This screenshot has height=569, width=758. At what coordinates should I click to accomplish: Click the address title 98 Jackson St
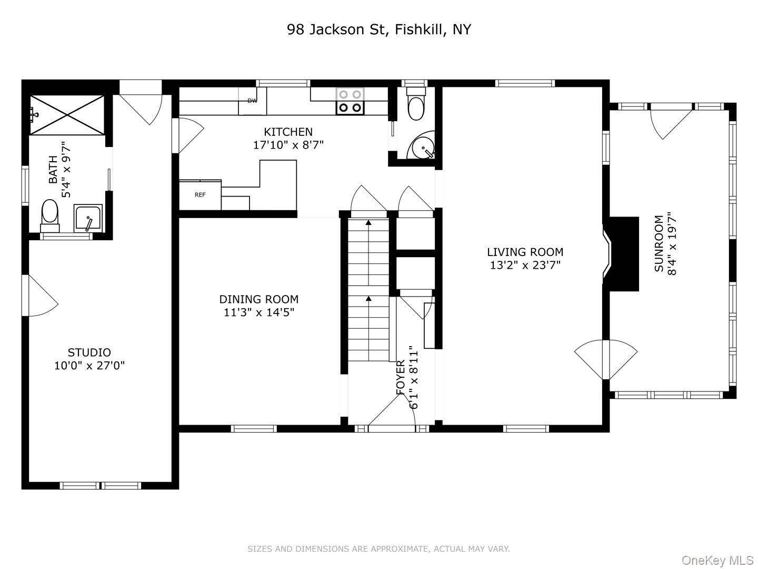click(378, 30)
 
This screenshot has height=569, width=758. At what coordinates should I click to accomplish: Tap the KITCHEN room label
click(288, 132)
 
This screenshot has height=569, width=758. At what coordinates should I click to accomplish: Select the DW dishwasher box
click(253, 101)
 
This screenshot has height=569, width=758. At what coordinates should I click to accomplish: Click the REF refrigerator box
click(200, 195)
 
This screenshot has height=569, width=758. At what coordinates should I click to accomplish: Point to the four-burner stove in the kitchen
click(350, 101)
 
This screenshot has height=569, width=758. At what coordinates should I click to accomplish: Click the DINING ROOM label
click(258, 299)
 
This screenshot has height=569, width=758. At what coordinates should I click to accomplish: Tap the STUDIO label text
click(89, 352)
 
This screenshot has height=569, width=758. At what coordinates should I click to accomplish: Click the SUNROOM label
click(659, 243)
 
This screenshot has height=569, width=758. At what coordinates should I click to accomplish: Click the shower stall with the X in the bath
click(67, 115)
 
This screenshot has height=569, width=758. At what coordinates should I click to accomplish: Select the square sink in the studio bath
click(88, 218)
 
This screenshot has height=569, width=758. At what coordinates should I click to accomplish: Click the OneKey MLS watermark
click(717, 560)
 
